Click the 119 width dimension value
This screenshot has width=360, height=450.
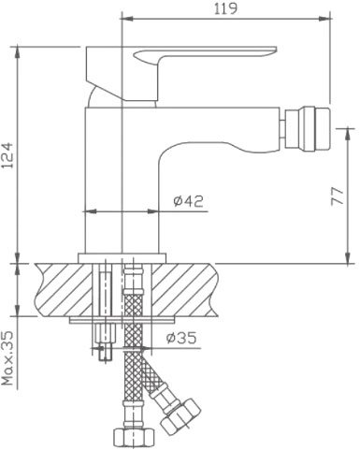click(x=225, y=8)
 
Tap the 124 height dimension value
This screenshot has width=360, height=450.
click(x=7, y=155)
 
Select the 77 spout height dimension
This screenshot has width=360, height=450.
click(x=337, y=196)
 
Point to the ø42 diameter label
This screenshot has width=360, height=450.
click(x=188, y=201)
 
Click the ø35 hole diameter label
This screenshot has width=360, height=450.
click(x=181, y=338)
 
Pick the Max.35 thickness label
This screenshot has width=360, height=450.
click(x=7, y=358)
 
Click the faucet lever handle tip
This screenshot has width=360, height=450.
click(x=274, y=50)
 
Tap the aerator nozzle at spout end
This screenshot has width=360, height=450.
click(x=308, y=128)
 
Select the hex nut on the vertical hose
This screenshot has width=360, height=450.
click(x=134, y=439)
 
